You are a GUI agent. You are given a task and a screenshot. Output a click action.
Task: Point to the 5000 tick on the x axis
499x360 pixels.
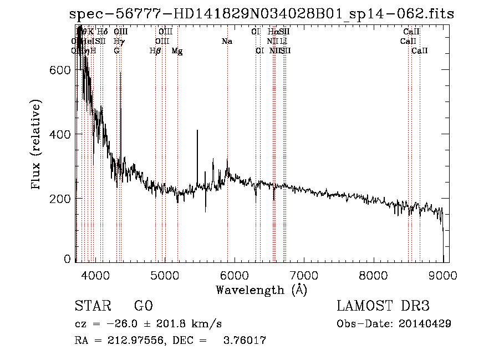point(165,275)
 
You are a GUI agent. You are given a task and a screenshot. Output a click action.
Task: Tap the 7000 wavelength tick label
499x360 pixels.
point(304,275)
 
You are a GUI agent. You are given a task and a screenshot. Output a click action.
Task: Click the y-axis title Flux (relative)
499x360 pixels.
point(37,145)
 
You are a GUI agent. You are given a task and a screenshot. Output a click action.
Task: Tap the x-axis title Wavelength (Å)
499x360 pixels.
point(261,290)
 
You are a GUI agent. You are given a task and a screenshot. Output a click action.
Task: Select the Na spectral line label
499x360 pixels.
point(227,42)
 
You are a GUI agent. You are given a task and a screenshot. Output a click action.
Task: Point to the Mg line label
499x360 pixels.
point(177,51)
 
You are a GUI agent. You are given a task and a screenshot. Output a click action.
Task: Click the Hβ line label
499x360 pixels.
point(155,51)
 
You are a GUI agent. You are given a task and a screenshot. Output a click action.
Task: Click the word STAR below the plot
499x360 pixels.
point(90,306)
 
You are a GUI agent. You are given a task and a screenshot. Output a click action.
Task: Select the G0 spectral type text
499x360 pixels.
point(144,306)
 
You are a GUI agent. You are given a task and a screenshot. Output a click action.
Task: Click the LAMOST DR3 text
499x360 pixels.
point(383,306)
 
